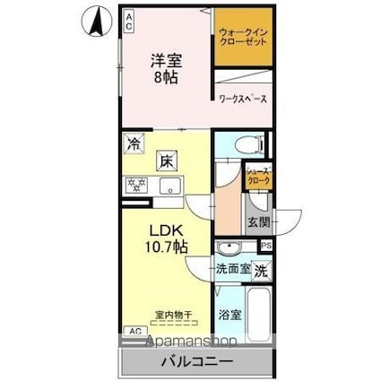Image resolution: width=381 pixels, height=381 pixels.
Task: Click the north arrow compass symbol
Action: (92, 22)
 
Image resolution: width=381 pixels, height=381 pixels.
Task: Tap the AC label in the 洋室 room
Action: (128, 21)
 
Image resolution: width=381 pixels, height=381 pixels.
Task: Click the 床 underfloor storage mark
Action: (167, 162)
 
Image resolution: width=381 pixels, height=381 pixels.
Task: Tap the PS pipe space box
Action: (266, 246)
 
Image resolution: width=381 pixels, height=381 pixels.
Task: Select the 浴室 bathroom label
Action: (229, 315)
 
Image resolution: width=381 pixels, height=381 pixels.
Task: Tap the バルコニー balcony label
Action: (197, 362)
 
